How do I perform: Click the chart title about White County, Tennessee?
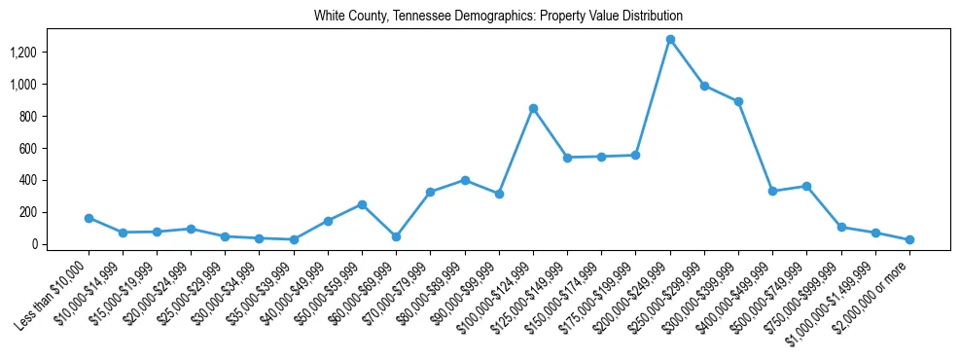[498, 17]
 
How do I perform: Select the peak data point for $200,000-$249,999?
[670, 40]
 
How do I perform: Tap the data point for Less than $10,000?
[89, 218]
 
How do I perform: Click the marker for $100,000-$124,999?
[533, 108]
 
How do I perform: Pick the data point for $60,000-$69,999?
[396, 236]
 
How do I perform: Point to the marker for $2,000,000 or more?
[909, 239]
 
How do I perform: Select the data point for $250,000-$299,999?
[704, 86]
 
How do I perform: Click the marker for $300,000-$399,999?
[738, 101]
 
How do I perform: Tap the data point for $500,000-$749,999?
[806, 186]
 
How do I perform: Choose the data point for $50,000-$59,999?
[362, 204]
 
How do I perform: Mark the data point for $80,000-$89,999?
[465, 180]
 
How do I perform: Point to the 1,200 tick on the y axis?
[50, 53]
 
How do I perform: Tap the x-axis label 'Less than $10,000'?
[53, 292]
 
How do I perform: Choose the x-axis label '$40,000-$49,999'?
[293, 291]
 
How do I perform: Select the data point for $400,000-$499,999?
[772, 191]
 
